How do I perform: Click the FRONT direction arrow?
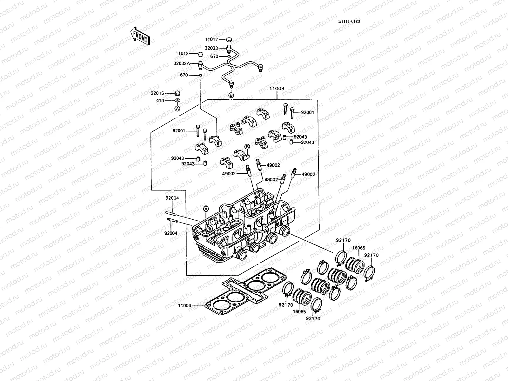(x=140, y=36)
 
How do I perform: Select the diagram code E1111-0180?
(x=349, y=21)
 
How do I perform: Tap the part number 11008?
(x=277, y=89)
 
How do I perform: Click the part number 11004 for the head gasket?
(x=184, y=306)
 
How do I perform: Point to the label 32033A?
(x=182, y=63)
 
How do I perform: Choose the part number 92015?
(x=157, y=93)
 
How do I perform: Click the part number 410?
(x=160, y=101)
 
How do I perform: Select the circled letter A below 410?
(x=177, y=108)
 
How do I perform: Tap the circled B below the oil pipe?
(x=231, y=95)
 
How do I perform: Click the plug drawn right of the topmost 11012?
(x=229, y=39)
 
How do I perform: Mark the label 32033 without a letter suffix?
(x=211, y=48)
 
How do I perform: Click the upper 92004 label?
(x=172, y=198)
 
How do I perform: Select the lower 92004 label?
(x=171, y=233)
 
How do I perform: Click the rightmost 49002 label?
(x=308, y=174)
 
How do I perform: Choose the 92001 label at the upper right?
(x=307, y=112)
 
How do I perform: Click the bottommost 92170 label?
(x=313, y=318)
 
